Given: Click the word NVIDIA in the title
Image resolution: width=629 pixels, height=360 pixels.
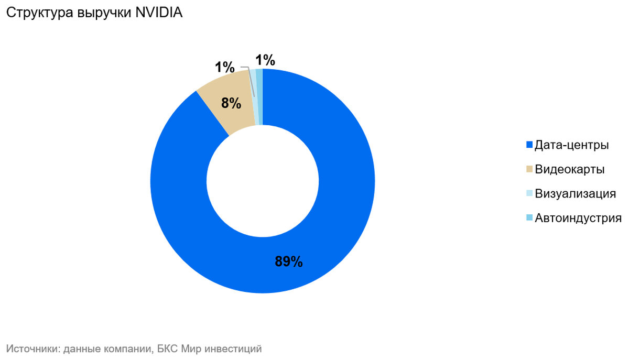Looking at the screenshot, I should pyautogui.click(x=159, y=14).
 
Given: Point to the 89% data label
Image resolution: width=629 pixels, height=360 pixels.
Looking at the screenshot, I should pyautogui.click(x=289, y=262).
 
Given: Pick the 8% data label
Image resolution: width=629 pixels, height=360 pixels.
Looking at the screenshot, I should pyautogui.click(x=231, y=103).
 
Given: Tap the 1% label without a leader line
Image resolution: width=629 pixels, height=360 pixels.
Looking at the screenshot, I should pyautogui.click(x=265, y=61).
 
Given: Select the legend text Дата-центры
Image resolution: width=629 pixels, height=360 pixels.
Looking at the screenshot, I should pyautogui.click(x=571, y=145).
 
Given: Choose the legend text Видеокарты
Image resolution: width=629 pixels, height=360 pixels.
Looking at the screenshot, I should pyautogui.click(x=569, y=169).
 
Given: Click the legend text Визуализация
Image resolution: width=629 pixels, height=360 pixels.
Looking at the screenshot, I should pyautogui.click(x=575, y=193).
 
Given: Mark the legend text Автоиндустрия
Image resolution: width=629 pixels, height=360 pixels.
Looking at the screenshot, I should pyautogui.click(x=578, y=218).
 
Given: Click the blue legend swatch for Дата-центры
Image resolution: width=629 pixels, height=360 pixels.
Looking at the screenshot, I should pyautogui.click(x=529, y=145).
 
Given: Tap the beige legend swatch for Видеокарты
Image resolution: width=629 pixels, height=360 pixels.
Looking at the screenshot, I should pyautogui.click(x=529, y=169).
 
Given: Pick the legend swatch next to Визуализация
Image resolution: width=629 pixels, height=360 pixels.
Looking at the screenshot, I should pyautogui.click(x=529, y=193).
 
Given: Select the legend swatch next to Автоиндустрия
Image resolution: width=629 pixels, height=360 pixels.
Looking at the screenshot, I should pyautogui.click(x=529, y=218).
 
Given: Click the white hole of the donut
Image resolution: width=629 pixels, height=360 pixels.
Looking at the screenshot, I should pyautogui.click(x=263, y=181).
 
